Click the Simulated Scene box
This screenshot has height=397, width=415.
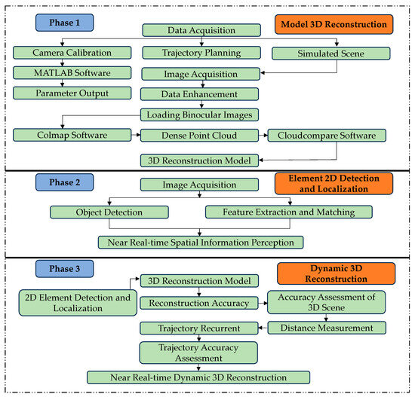[330, 53]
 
